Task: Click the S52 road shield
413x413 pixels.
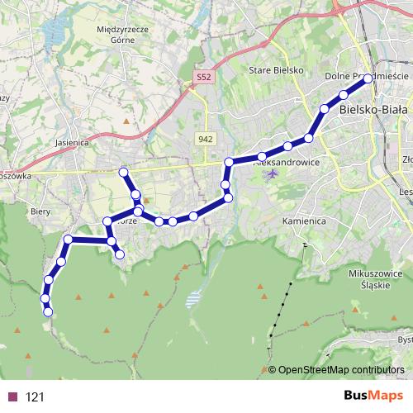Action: coord(204,77)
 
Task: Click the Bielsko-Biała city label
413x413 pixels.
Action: coord(373,108)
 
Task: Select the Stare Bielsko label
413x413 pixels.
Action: coord(277,71)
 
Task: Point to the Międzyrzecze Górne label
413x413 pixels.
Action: coord(121,33)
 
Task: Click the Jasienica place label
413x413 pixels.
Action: coord(71,141)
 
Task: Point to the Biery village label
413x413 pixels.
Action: coord(41,211)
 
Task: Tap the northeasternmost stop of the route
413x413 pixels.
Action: coord(368,79)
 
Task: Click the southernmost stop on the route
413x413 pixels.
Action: coord(48,311)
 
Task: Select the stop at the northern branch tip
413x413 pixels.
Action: coord(124,172)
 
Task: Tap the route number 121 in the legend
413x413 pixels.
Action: coord(35,396)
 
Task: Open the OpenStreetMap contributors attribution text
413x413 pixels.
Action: coord(340,369)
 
